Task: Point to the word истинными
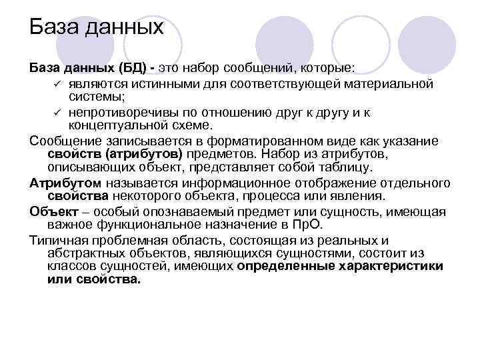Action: point(153,83)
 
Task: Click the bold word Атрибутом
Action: point(65,183)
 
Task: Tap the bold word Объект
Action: point(51,211)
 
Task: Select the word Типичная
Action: point(58,240)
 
